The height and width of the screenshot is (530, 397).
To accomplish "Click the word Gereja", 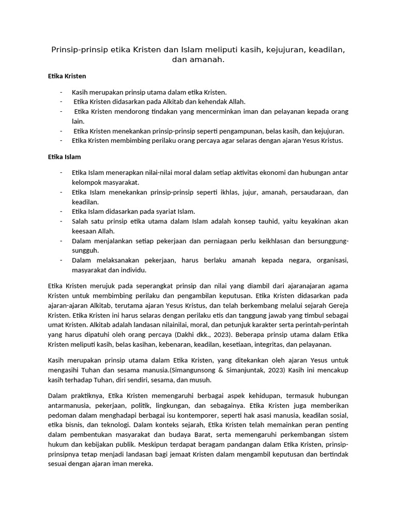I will [x=336, y=305].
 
